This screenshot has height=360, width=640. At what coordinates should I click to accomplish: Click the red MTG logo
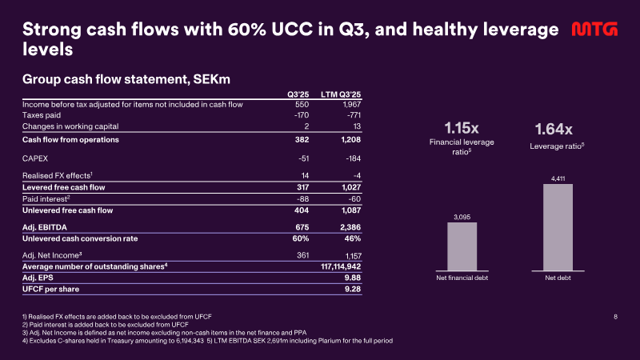[594, 29]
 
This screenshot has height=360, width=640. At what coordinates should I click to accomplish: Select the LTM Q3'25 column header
[341, 94]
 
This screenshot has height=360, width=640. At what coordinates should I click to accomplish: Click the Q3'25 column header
[298, 94]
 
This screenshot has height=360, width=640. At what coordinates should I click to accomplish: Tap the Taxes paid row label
[42, 115]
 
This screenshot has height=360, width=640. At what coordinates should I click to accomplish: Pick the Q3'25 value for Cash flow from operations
[302, 139]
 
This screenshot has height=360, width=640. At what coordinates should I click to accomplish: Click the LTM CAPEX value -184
[353, 158]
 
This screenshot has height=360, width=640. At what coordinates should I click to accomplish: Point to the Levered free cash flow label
[64, 187]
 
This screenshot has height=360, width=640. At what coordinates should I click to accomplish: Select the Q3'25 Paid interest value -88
[302, 198]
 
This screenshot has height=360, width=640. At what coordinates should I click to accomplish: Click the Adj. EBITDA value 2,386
[350, 227]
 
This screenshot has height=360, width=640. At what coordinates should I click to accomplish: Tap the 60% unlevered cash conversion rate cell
[301, 238]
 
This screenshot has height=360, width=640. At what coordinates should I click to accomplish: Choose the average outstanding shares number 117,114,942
[341, 266]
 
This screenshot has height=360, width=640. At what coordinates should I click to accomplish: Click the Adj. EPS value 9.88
[353, 278]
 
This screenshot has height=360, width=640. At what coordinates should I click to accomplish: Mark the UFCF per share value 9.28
[353, 289]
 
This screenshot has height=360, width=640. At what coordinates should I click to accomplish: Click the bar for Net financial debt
[462, 246]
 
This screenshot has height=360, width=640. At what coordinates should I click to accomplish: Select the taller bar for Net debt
[558, 227]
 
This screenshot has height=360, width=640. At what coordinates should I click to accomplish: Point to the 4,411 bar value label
[558, 178]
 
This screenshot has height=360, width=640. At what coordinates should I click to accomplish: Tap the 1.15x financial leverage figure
[462, 128]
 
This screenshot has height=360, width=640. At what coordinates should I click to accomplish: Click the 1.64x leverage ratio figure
[554, 130]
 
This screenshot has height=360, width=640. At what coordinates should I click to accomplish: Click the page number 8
[615, 316]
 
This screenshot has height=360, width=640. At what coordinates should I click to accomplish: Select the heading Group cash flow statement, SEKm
[126, 78]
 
